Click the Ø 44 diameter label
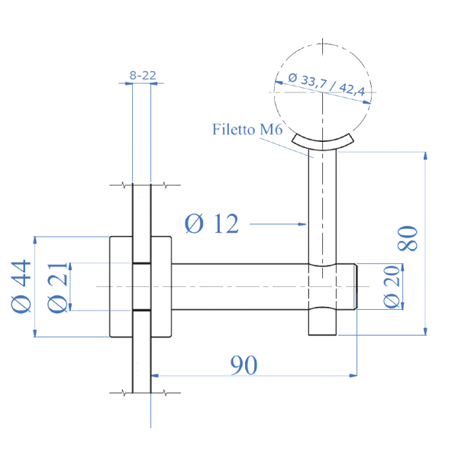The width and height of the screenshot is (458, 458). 21,286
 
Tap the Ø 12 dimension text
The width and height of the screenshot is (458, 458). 212,224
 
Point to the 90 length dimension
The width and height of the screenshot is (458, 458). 244,365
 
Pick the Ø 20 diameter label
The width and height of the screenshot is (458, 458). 390,286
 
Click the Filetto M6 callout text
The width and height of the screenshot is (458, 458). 247,130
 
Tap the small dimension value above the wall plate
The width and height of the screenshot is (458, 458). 142,75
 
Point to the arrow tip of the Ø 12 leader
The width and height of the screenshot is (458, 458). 305,224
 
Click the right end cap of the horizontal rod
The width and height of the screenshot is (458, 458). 347,286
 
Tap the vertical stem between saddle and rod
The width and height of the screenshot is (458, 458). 322,206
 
